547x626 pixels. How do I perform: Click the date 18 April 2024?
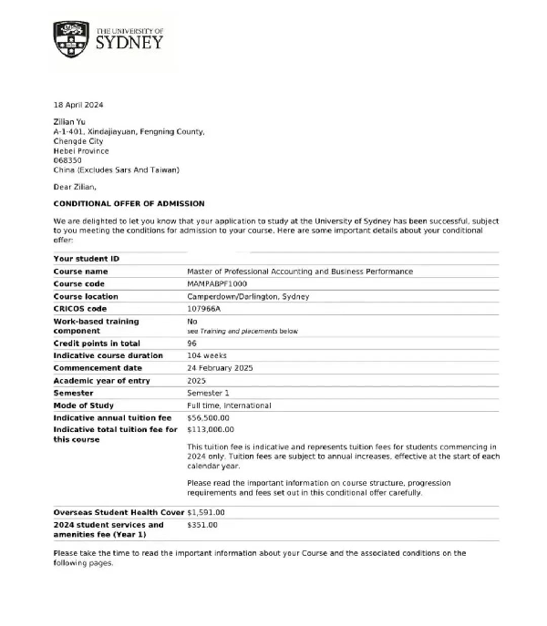point(78,106)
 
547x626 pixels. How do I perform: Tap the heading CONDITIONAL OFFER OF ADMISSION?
point(129,203)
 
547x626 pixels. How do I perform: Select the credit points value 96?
point(192,343)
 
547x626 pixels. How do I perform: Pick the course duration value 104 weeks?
point(208,355)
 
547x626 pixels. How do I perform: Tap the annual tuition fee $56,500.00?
point(211,418)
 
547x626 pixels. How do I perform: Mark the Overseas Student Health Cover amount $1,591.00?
point(205,512)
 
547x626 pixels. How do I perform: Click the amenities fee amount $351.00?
point(201,525)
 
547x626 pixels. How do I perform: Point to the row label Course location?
point(86,296)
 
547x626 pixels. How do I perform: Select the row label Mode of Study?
point(84,405)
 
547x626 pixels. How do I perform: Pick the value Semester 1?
point(209,393)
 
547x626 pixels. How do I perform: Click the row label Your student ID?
point(86,259)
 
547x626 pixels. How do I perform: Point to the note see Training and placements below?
point(243,331)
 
